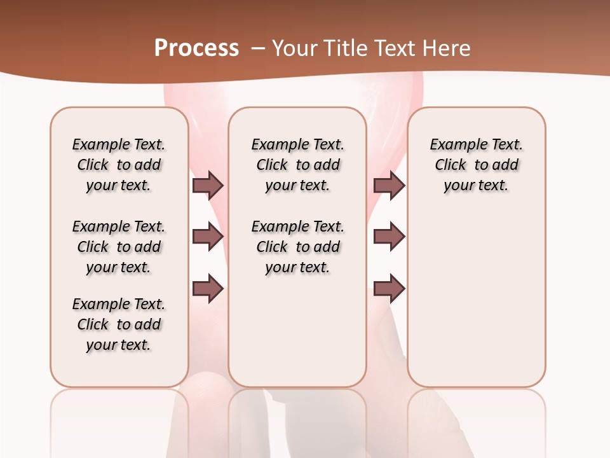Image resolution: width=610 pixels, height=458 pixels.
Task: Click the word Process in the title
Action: tap(196, 48)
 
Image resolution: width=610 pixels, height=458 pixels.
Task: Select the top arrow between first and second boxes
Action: tap(208, 185)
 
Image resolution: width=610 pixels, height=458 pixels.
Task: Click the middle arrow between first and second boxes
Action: tap(208, 237)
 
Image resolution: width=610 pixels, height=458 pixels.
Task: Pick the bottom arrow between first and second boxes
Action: tap(208, 289)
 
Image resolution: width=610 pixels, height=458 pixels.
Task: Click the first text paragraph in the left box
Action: tap(119, 165)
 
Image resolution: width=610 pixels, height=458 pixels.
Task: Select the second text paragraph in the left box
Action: tap(119, 247)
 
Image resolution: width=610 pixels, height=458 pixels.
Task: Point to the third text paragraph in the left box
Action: tap(119, 324)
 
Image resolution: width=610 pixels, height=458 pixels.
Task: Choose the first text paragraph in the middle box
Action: tap(297, 165)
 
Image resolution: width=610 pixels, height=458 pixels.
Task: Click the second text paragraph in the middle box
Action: tap(297, 247)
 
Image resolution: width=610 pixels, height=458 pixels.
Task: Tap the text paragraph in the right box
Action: tap(477, 165)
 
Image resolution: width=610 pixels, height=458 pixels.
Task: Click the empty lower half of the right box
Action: tap(477, 305)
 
